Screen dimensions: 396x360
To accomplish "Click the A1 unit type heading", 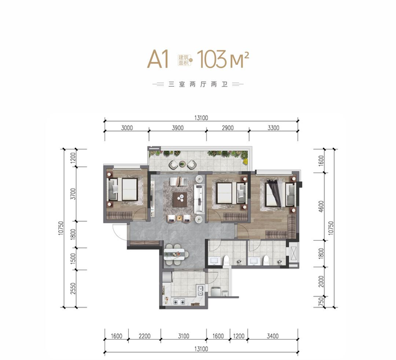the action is [158, 59].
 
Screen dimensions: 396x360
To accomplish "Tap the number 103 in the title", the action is [212, 59].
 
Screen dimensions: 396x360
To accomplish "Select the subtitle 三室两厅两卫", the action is [198, 84].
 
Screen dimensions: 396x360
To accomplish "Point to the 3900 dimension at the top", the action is [178, 128].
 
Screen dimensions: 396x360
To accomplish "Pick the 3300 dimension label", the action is [273, 128].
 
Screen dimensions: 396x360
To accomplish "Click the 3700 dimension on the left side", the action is [73, 194].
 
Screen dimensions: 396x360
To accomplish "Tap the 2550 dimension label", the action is [73, 288].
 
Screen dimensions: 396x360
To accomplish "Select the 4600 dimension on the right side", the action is [321, 206].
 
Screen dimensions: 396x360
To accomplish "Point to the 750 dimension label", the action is [321, 302].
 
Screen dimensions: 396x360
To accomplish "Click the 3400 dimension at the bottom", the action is [273, 336].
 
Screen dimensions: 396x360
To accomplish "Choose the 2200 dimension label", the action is [144, 336].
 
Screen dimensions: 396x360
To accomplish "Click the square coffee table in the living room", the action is [180, 200].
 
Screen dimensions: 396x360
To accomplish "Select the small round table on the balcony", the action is [182, 165].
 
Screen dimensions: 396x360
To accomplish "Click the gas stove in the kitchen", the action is [179, 301].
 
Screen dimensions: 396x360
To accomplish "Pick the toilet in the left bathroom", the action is [226, 260].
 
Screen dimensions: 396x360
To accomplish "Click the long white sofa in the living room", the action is [199, 199].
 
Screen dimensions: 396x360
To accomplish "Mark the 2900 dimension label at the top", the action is [228, 128].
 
